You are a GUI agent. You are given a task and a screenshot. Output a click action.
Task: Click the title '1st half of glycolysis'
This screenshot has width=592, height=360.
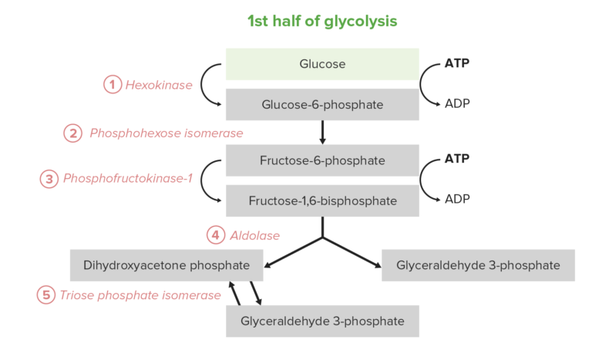tap(322, 22)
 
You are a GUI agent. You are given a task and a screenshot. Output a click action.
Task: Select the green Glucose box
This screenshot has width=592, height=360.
tap(322, 64)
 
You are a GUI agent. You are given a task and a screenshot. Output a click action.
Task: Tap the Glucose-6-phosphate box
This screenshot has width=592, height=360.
tap(322, 104)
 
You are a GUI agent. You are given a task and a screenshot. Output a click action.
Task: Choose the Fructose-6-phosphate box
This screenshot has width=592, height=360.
tap(322, 160)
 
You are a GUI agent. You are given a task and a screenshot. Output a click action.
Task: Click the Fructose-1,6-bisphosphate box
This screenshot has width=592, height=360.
tap(322, 200)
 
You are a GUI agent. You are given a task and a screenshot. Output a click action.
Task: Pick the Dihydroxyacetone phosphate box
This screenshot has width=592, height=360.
tap(166, 265)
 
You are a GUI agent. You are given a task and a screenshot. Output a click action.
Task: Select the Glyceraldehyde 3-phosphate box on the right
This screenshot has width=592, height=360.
tap(478, 265)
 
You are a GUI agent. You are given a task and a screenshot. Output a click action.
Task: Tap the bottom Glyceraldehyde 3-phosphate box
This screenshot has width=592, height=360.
tap(322, 321)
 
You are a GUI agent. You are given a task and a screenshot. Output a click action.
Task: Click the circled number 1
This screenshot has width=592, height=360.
tap(113, 85)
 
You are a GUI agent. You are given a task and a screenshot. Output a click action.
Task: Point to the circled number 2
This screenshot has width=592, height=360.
tap(72, 133)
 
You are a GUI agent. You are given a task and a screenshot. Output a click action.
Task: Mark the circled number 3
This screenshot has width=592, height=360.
tap(49, 179)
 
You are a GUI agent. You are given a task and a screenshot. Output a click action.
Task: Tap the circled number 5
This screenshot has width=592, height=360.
tap(46, 294)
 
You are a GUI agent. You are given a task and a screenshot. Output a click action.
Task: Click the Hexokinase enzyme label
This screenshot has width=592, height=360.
tap(159, 85)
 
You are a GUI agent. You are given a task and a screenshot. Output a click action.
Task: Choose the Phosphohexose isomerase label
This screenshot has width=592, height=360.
tap(166, 133)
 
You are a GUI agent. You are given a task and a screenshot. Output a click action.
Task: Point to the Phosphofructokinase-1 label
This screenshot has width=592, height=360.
tap(127, 179)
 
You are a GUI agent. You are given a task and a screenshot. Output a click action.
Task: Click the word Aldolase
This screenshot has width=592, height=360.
tap(254, 235)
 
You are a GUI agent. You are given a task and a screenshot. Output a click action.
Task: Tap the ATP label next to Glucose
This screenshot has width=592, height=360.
tap(457, 62)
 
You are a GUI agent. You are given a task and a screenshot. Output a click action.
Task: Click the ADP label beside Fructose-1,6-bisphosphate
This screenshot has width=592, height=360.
tap(457, 199)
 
